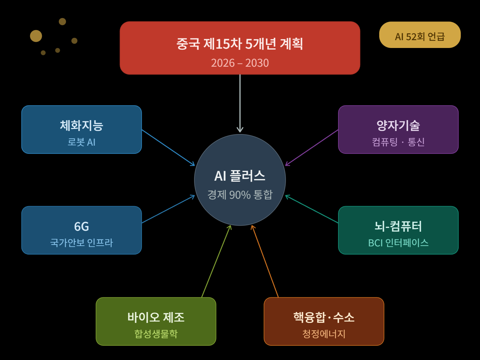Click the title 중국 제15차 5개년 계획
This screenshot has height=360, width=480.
(x=240, y=44)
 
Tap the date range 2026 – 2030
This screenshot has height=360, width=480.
(x=240, y=63)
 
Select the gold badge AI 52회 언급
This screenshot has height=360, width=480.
(x=420, y=36)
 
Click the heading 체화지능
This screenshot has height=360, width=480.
(x=81, y=126)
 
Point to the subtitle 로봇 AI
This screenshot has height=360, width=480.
(x=81, y=142)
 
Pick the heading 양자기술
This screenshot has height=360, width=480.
(x=398, y=126)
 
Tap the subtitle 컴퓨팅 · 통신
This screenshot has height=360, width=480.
(x=398, y=142)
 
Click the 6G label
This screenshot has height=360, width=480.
(x=81, y=226)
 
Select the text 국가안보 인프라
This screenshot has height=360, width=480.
(x=81, y=243)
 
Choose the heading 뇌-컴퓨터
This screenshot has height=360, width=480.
(x=398, y=226)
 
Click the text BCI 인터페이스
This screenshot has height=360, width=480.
(x=398, y=243)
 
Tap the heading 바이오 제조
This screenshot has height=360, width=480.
(x=156, y=317)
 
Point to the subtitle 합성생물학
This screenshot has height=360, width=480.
(x=156, y=334)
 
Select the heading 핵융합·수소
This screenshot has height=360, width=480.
(x=324, y=317)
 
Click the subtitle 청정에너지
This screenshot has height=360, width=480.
(x=324, y=334)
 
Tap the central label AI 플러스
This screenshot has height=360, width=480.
(x=240, y=176)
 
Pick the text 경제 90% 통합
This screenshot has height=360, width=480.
(x=240, y=195)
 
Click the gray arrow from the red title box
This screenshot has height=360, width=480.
(x=240, y=102)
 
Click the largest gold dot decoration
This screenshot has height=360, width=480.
(x=36, y=36)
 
